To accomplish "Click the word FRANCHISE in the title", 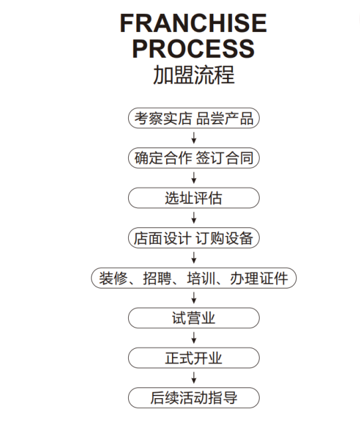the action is (193, 23).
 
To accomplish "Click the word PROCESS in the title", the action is (193, 49).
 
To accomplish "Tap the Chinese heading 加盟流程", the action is (194, 74).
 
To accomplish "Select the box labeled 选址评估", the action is (194, 198).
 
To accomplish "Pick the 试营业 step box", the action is (194, 318).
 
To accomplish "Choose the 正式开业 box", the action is (194, 358).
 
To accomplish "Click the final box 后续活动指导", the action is (194, 398).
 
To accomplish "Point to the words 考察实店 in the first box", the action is (163, 118).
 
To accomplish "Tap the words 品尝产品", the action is (225, 118).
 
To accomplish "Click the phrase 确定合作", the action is (163, 158).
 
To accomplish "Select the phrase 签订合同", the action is (225, 158).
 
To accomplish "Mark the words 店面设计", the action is (163, 238).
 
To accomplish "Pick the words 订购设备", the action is (225, 238).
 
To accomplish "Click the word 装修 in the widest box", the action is (114, 278).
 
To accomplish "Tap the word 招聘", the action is (157, 278).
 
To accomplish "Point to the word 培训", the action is (201, 278).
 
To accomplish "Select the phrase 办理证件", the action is (259, 278).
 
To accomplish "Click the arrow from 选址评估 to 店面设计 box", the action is (194, 217).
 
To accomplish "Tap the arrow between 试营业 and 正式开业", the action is (194, 338).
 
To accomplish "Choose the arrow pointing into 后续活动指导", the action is (194, 378).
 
